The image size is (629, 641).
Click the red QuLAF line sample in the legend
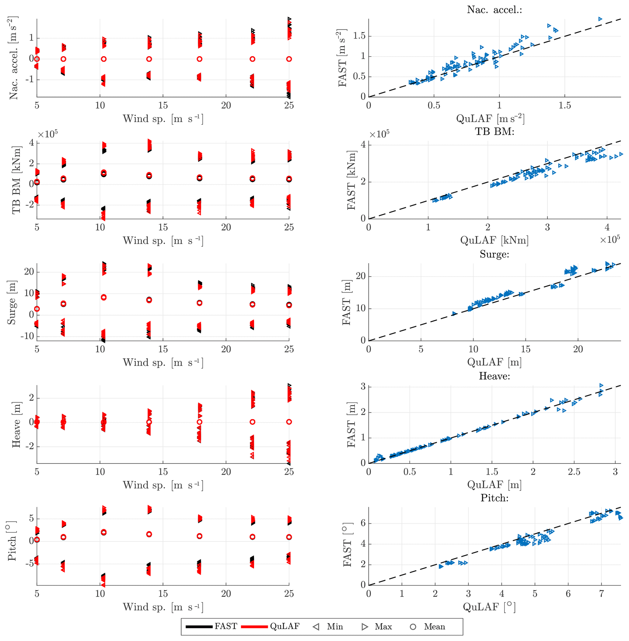click(254, 626)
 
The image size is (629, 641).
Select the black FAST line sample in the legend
click(199, 626)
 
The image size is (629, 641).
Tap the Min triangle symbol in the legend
click(316, 626)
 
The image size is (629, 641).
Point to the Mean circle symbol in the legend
click(413, 626)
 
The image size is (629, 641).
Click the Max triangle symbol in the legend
click(365, 626)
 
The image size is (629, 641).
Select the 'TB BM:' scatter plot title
click(494, 132)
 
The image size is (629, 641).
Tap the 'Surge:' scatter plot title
click(494, 254)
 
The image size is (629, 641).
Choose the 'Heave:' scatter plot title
click(494, 376)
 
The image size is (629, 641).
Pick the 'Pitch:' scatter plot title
click(494, 498)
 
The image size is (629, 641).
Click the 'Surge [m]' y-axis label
click(12, 302)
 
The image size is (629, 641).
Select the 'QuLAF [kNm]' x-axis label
click(494, 240)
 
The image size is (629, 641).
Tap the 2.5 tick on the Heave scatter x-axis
click(574, 472)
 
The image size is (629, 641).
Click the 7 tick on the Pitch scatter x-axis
click(601, 594)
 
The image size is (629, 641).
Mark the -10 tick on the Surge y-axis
click(27, 336)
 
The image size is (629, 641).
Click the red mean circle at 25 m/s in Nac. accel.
click(289, 59)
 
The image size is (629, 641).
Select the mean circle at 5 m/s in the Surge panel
click(37, 309)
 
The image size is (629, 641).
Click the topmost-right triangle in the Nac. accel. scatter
click(600, 19)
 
